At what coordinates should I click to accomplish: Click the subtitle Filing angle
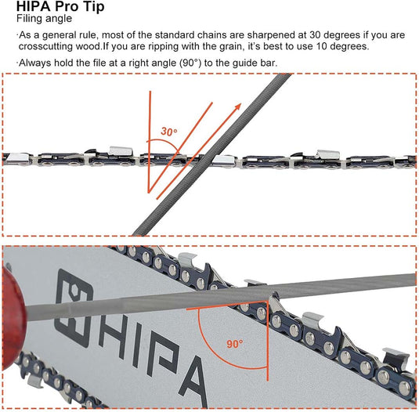[38, 18]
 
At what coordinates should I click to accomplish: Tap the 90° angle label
[234, 343]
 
